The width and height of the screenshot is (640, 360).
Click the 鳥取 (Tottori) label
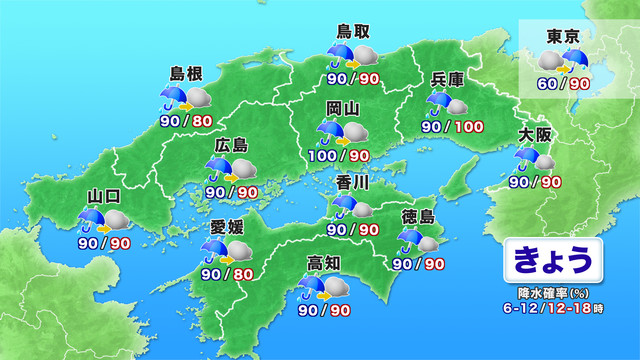[350, 31]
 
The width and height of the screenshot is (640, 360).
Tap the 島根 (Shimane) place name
[187, 74]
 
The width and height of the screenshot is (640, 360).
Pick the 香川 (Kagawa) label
[353, 183]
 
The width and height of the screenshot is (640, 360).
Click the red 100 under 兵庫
[469, 127]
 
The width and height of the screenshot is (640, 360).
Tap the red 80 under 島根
[202, 122]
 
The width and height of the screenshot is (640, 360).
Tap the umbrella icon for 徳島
[410, 240]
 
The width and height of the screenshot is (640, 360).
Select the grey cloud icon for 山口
[117, 220]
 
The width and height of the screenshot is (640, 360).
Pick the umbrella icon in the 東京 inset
[578, 59]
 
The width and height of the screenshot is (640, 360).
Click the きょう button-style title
[552, 259]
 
